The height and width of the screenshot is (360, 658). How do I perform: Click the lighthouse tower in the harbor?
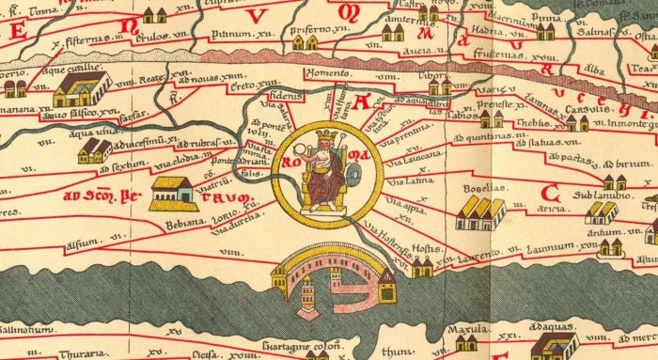307,299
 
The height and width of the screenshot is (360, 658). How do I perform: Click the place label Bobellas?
483,187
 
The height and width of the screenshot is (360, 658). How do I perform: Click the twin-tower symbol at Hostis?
422,266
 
